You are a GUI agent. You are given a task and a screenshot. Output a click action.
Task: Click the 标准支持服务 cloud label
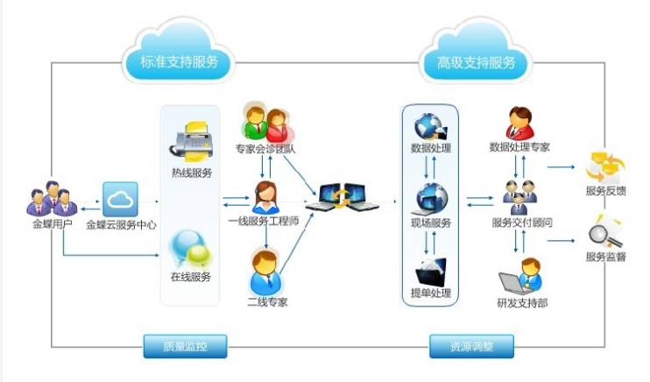click(179, 62)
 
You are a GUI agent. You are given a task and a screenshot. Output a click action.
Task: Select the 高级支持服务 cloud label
click(476, 62)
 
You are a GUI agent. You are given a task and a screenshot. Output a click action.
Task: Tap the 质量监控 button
click(186, 346)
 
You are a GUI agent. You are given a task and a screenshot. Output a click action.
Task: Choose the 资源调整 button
click(471, 346)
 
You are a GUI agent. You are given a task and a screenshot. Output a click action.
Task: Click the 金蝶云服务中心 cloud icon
click(120, 200)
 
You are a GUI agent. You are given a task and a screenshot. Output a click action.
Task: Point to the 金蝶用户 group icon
click(52, 199)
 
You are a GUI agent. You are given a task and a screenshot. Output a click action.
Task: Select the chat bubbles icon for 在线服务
click(190, 250)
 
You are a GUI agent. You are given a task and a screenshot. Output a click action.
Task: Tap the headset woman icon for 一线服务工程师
click(265, 197)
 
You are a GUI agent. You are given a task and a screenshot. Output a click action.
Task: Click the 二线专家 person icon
click(265, 272)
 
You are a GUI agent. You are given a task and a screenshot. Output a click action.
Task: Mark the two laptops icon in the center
click(342, 197)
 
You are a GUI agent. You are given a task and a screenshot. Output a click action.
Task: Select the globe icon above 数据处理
click(430, 127)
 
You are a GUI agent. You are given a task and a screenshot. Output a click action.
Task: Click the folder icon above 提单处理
click(430, 272)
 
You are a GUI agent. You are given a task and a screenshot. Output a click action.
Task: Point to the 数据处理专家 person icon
click(519, 124)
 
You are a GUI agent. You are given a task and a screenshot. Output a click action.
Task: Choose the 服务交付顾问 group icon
click(519, 197)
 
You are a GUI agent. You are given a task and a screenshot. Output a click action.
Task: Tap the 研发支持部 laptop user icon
click(520, 276)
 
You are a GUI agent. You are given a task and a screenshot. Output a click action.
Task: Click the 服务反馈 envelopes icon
click(605, 167)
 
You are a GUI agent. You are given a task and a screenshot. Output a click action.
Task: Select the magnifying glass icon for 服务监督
click(605, 232)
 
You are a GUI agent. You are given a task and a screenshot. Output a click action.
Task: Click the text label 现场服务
click(431, 223)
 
